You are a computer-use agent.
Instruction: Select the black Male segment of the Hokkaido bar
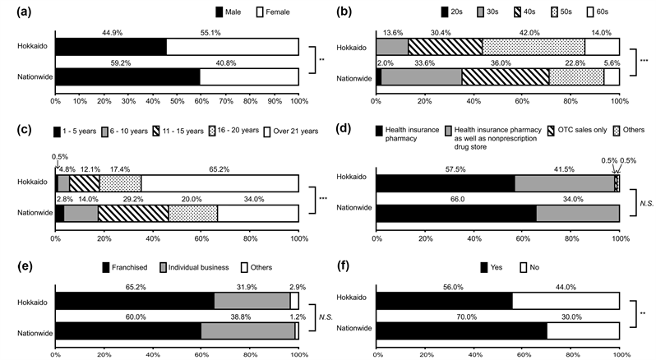pos(110,46)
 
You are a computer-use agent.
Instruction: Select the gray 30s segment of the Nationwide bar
pos(421,77)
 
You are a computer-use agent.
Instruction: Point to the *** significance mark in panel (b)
pos(644,61)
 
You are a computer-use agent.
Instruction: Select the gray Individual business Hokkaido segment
pos(252,301)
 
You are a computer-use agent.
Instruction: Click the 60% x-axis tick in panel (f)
pos(522,353)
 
